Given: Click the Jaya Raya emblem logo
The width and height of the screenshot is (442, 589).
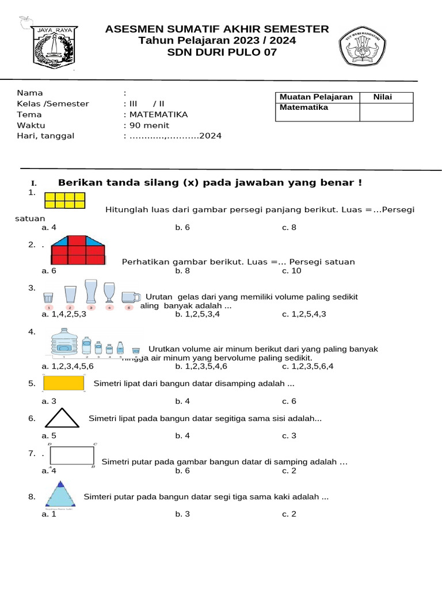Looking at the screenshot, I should [x=54, y=47].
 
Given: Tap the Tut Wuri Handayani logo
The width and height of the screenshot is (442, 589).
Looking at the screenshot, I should [x=364, y=47].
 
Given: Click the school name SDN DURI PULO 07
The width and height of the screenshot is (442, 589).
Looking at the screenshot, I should [x=222, y=52].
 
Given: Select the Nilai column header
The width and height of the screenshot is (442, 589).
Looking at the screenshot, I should [x=382, y=97].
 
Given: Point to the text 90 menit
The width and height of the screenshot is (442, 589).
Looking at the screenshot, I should [x=149, y=125].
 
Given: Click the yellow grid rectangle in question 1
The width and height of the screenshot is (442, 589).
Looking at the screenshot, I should [x=64, y=200].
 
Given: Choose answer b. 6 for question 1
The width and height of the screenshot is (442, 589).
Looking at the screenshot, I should [x=182, y=227].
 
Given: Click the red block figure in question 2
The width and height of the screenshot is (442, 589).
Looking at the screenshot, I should [x=78, y=250].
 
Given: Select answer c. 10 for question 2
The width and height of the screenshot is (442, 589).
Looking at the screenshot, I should [x=291, y=270].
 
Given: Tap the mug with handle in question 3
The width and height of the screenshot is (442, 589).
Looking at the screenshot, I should [x=130, y=297].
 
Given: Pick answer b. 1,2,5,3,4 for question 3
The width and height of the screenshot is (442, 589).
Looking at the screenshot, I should [x=197, y=314].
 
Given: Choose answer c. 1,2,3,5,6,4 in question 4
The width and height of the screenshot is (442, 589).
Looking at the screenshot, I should [x=308, y=366].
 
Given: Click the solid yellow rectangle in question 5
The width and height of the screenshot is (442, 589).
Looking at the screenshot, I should [x=64, y=383].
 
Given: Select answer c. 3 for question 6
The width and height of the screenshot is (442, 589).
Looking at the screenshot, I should [x=289, y=435].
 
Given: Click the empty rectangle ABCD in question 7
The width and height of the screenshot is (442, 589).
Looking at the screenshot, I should [x=73, y=455].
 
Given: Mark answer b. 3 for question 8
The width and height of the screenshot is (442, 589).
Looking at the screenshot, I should [x=182, y=514].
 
